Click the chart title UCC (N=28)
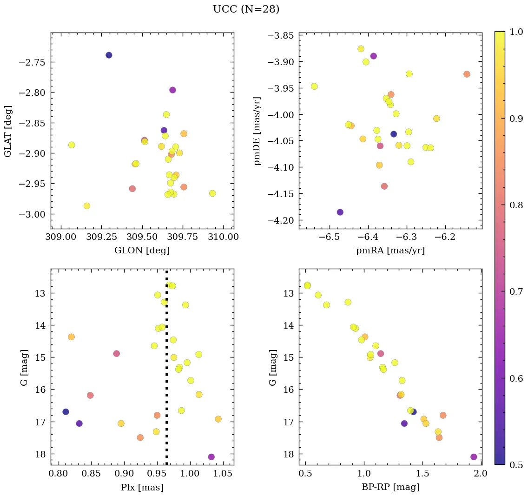pyautogui.click(x=246, y=9)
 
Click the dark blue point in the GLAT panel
pyautogui.click(x=109, y=55)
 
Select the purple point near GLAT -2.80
pyautogui.click(x=172, y=90)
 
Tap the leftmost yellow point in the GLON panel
pyautogui.click(x=72, y=145)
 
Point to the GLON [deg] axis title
pyautogui.click(x=142, y=251)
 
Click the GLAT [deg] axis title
pyautogui.click(x=8, y=131)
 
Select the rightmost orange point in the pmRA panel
pyautogui.click(x=467, y=74)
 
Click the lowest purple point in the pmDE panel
pyautogui.click(x=340, y=212)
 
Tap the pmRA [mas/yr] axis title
pyautogui.click(x=390, y=251)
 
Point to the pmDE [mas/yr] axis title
pyautogui.click(x=257, y=131)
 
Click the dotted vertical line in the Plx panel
pyautogui.click(x=167, y=367)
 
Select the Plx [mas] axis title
pyautogui.click(x=142, y=488)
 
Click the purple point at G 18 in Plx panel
pyautogui.click(x=211, y=457)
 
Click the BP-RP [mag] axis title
pyautogui.click(x=390, y=488)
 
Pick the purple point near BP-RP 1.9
pyautogui.click(x=474, y=457)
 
